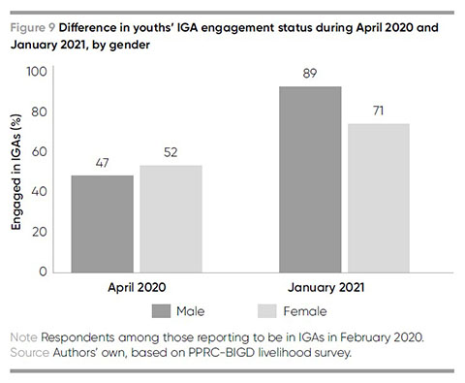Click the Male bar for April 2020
103,224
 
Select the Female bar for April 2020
171,219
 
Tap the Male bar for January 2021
310,179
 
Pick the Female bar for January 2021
379,198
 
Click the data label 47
102,163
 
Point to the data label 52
170,152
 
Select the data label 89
310,74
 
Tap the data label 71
379,111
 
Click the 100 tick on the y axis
37,72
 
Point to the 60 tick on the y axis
40,151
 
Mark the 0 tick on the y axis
44,271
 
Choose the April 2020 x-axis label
137,287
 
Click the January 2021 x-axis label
326,287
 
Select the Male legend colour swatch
161,311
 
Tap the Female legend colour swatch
267,311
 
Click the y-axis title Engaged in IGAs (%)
16,172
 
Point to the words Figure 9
33,28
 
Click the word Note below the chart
24,337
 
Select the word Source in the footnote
30,352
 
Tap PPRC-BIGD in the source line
222,352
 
